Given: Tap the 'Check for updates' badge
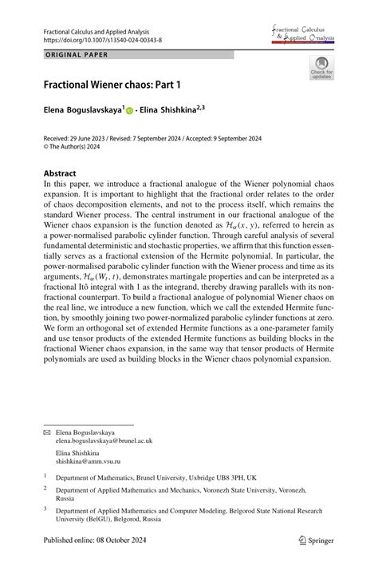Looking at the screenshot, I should (x=321, y=69).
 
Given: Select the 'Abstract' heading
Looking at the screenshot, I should (x=60, y=173).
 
